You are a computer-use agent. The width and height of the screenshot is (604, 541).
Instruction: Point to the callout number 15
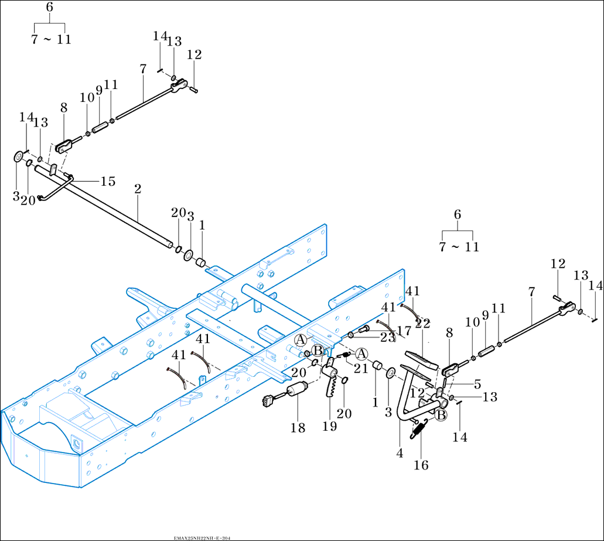[108, 182]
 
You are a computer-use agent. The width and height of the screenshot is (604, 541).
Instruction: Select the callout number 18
[298, 428]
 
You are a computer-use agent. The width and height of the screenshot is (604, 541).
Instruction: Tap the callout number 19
[329, 426]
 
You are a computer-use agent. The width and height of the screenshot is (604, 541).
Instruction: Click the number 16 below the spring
[421, 465]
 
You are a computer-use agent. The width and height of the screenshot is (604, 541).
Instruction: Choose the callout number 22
[422, 324]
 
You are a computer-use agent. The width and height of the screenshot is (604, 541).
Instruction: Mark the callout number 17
[403, 330]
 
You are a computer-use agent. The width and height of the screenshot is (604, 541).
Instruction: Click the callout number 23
[387, 338]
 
